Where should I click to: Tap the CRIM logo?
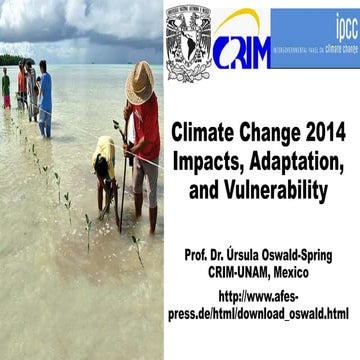pos(240,46)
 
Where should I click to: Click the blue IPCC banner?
pos(315,38)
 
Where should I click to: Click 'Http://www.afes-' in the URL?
pos(263,297)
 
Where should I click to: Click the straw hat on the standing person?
pos(140,81)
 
